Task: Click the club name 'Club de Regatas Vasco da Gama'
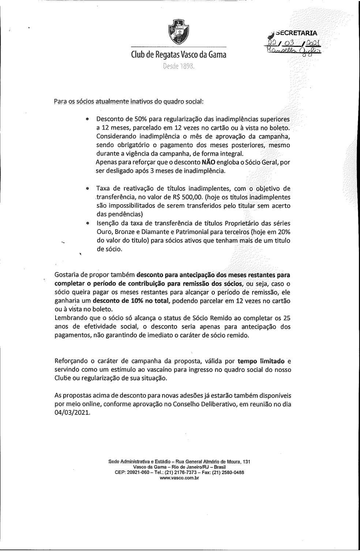pos(179,55)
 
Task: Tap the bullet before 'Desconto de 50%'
pos(87,119)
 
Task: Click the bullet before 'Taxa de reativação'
pos(87,189)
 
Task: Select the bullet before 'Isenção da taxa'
pos(87,223)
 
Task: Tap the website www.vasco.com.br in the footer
pos(179,478)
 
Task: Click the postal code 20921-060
pos(138,473)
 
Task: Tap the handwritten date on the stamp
pos(294,43)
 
